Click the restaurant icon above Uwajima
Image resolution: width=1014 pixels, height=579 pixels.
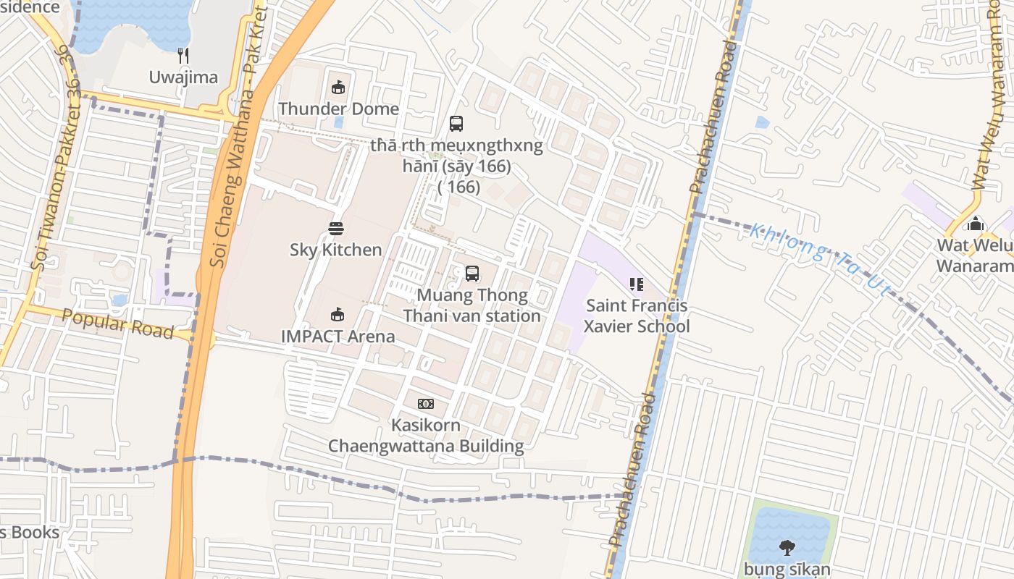point(183,55)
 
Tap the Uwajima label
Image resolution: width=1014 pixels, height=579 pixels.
point(183,77)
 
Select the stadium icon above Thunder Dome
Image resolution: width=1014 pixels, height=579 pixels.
point(338,88)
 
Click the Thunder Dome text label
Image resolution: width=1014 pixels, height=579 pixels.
point(338,109)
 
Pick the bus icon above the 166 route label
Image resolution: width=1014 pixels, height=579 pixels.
point(456,124)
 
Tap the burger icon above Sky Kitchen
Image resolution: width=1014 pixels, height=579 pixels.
point(336,229)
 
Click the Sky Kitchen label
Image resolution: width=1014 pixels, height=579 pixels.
point(336,250)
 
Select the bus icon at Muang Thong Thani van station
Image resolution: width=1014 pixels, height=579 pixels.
point(472,274)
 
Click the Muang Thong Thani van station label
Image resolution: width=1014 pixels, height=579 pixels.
point(472,306)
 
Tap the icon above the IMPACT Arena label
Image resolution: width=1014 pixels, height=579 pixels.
point(338,315)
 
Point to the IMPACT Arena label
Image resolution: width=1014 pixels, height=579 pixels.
point(338,337)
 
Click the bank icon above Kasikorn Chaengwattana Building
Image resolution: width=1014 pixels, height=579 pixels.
point(426,404)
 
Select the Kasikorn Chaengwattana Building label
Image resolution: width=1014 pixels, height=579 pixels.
point(426,435)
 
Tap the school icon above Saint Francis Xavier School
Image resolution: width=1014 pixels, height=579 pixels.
point(637,284)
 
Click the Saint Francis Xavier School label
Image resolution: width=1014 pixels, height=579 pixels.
point(637,316)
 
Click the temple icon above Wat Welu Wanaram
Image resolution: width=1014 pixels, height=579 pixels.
point(976,224)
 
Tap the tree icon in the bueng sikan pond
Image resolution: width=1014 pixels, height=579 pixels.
point(787,548)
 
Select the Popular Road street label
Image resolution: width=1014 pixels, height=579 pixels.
point(117,324)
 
